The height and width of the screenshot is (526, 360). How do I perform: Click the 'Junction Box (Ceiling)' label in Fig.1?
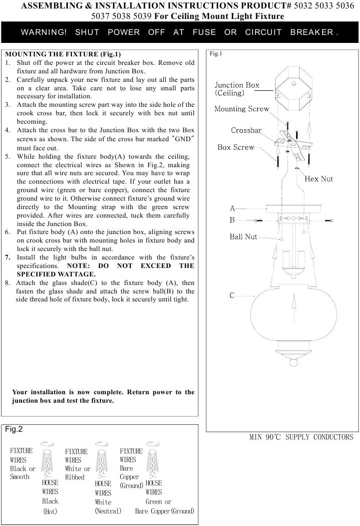(237, 89)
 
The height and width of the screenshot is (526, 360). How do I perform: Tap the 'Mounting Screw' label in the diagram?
(242, 109)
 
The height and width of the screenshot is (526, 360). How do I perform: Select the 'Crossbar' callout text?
(246, 130)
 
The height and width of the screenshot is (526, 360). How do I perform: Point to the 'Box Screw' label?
(236, 147)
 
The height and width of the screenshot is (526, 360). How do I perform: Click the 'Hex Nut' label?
(319, 179)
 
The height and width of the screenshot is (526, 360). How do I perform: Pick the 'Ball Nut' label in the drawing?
(243, 237)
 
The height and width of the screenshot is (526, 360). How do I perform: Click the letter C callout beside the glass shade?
(232, 295)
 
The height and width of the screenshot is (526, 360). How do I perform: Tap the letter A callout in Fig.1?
(232, 208)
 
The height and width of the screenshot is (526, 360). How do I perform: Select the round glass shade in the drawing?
(293, 309)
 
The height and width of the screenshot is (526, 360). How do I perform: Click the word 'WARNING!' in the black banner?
(44, 32)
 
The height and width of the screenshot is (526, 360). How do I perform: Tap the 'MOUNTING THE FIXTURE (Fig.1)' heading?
(62, 54)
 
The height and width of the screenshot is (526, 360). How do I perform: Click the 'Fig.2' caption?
(14, 429)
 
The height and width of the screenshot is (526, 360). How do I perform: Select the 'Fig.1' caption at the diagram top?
(216, 53)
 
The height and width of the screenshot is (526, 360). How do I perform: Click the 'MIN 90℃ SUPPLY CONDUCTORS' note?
(301, 437)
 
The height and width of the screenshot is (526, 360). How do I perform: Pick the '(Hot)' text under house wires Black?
(50, 512)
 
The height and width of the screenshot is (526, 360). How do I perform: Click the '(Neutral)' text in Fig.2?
(108, 511)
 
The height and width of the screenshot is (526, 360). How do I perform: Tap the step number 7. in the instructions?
(8, 257)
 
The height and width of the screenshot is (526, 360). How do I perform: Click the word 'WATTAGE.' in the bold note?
(76, 274)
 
